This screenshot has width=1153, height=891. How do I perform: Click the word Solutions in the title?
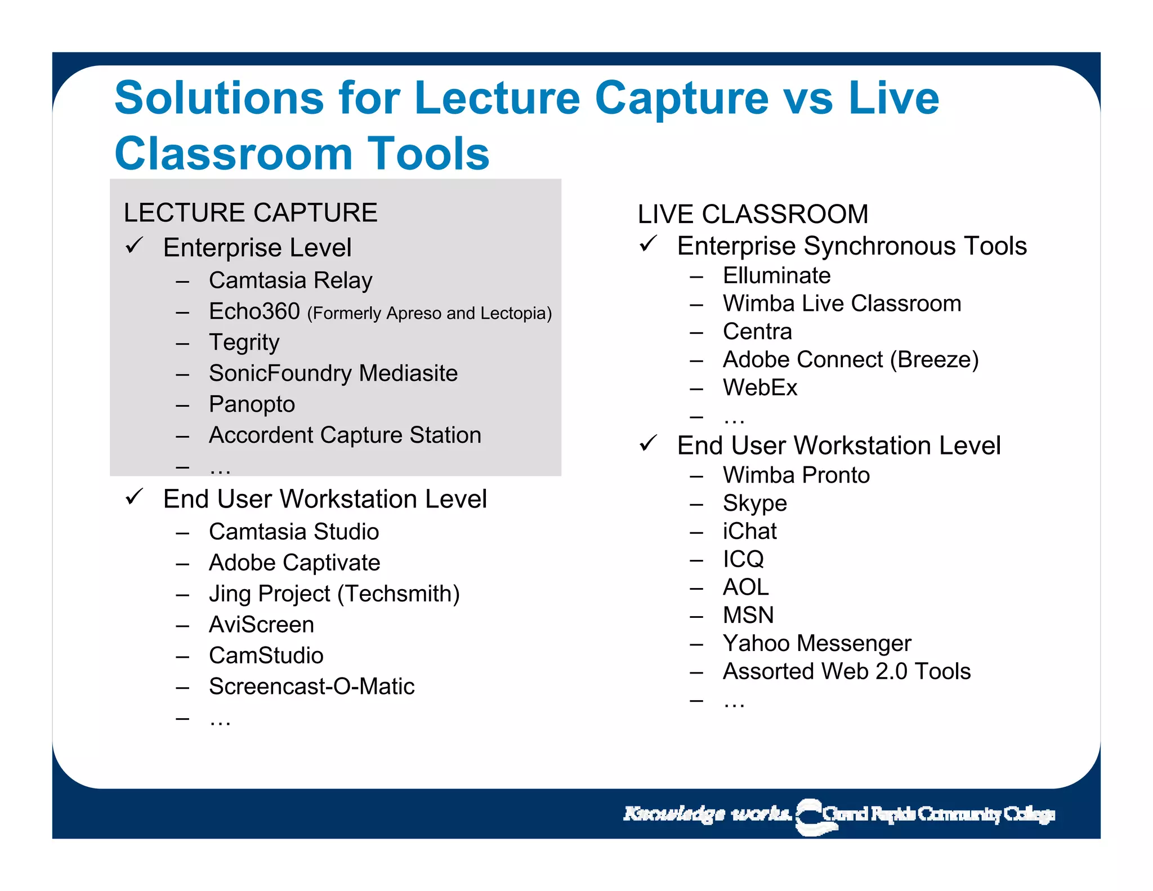pyautogui.click(x=218, y=98)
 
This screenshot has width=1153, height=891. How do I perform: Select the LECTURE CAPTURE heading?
pyautogui.click(x=251, y=213)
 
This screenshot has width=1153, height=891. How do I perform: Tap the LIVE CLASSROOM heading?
pyautogui.click(x=753, y=215)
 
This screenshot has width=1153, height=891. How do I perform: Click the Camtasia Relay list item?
pyautogui.click(x=291, y=280)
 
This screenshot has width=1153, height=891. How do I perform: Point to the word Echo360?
pyautogui.click(x=254, y=311)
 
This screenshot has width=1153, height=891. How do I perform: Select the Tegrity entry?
pyautogui.click(x=244, y=342)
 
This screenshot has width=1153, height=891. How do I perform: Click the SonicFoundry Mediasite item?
pyautogui.click(x=333, y=373)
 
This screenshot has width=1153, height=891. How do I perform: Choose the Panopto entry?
pyautogui.click(x=252, y=404)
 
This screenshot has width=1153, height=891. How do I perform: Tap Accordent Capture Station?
pyautogui.click(x=345, y=435)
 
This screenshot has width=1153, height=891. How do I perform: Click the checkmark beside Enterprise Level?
pyautogui.click(x=135, y=246)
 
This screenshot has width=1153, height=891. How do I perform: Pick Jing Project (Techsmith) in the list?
pyautogui.click(x=334, y=594)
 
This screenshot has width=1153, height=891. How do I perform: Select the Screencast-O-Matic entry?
pyautogui.click(x=311, y=687)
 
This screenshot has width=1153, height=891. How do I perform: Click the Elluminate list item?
pyautogui.click(x=776, y=276)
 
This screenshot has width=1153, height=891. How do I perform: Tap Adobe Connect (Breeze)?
pyautogui.click(x=851, y=360)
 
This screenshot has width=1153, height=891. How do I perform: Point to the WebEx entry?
pyautogui.click(x=760, y=388)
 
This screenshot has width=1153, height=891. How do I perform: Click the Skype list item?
pyautogui.click(x=754, y=504)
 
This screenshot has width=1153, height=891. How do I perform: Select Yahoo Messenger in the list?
pyautogui.click(x=817, y=643)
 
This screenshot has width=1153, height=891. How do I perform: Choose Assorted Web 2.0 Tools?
pyautogui.click(x=847, y=671)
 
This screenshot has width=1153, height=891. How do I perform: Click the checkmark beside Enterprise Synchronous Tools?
pyautogui.click(x=649, y=244)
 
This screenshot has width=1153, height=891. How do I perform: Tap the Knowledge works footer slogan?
pyautogui.click(x=707, y=814)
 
